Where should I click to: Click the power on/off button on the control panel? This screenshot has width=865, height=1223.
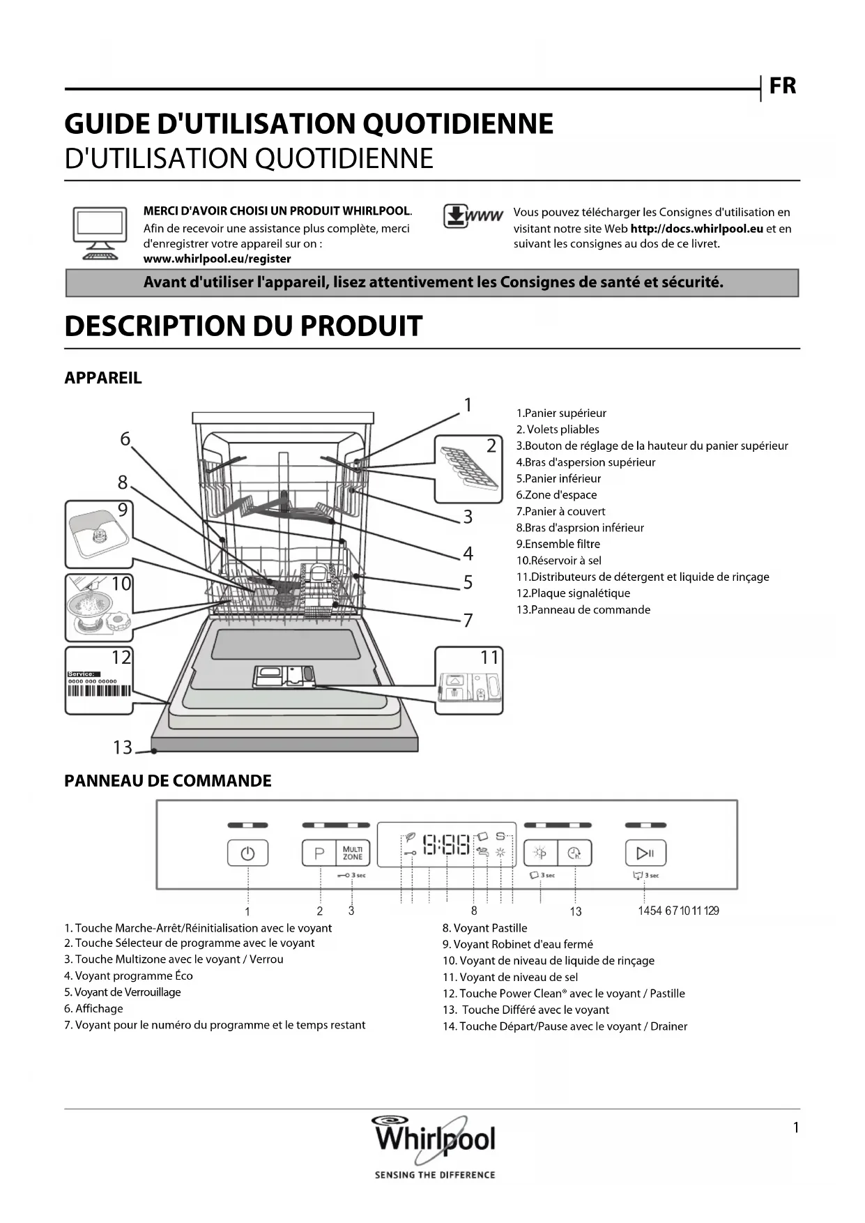247,853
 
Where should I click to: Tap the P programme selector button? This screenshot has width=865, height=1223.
319,853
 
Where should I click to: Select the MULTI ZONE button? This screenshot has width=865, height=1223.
353,853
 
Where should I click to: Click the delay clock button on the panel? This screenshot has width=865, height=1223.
574,853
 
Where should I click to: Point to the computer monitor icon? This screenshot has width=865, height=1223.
100,234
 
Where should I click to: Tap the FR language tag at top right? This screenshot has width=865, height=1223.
782,86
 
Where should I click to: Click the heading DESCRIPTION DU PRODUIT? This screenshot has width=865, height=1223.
243,326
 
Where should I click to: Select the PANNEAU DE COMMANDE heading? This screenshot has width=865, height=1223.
167,781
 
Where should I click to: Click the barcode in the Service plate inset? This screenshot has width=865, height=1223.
99,691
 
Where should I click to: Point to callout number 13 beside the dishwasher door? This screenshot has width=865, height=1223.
123,747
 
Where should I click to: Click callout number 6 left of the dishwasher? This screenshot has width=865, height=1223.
125,439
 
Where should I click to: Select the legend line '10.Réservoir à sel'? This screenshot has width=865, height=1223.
558,561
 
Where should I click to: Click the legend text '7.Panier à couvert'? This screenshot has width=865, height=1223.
560,511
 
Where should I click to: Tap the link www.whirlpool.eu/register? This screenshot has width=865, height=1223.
217,259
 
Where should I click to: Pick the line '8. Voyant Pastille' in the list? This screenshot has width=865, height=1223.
484,928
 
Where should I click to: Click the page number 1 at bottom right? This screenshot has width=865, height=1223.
795,1127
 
